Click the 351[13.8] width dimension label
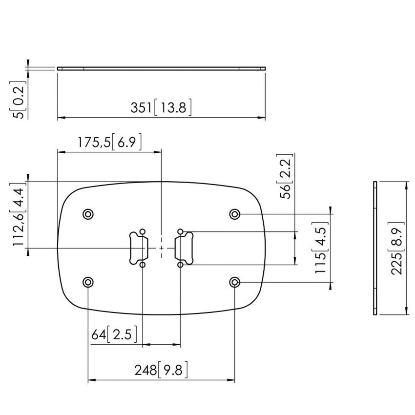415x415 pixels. (x=161, y=107)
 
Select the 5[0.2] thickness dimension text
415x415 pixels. (x=18, y=100)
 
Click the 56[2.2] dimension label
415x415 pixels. (x=286, y=177)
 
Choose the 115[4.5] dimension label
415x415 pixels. (x=321, y=249)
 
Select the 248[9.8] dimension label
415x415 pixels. (x=161, y=370)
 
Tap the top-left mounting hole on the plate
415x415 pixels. (x=88, y=214)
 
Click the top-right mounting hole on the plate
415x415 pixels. (x=235, y=214)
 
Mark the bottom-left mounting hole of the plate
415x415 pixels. (x=88, y=282)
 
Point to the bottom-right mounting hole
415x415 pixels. (x=235, y=282)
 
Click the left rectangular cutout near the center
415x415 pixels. (x=138, y=248)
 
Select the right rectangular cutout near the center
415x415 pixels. (x=184, y=248)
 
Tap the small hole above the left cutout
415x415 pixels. (x=142, y=231)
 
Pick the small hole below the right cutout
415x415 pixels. (x=181, y=265)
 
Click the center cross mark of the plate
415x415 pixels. (x=161, y=248)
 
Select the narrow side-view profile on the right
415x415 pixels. (x=375, y=248)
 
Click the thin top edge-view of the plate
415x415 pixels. (x=161, y=68)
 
